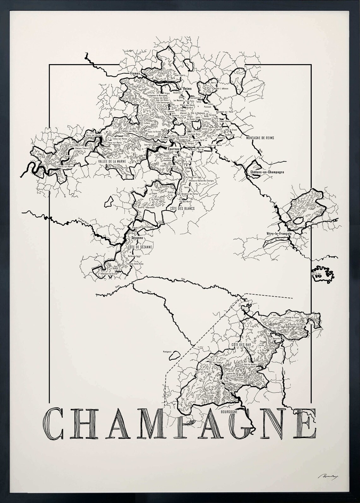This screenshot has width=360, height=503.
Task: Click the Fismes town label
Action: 135,74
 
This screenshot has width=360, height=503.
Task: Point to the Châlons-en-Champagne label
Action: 267,172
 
